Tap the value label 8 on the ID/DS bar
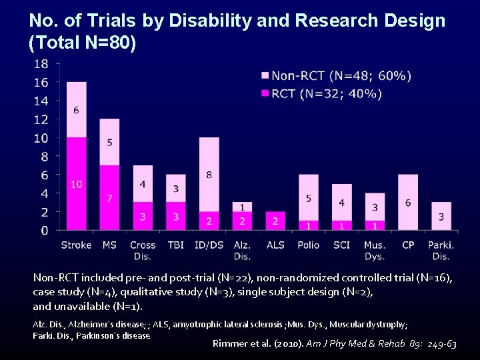[209, 175]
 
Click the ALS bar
[275, 221]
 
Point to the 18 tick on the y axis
[40, 64]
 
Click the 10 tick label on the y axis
[40, 138]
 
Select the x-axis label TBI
[175, 245]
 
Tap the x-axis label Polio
[308, 245]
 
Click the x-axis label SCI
[341, 245]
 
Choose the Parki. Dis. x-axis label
[441, 250]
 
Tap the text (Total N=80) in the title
[83, 44]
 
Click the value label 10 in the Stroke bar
[76, 184]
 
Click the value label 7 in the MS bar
[109, 199]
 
